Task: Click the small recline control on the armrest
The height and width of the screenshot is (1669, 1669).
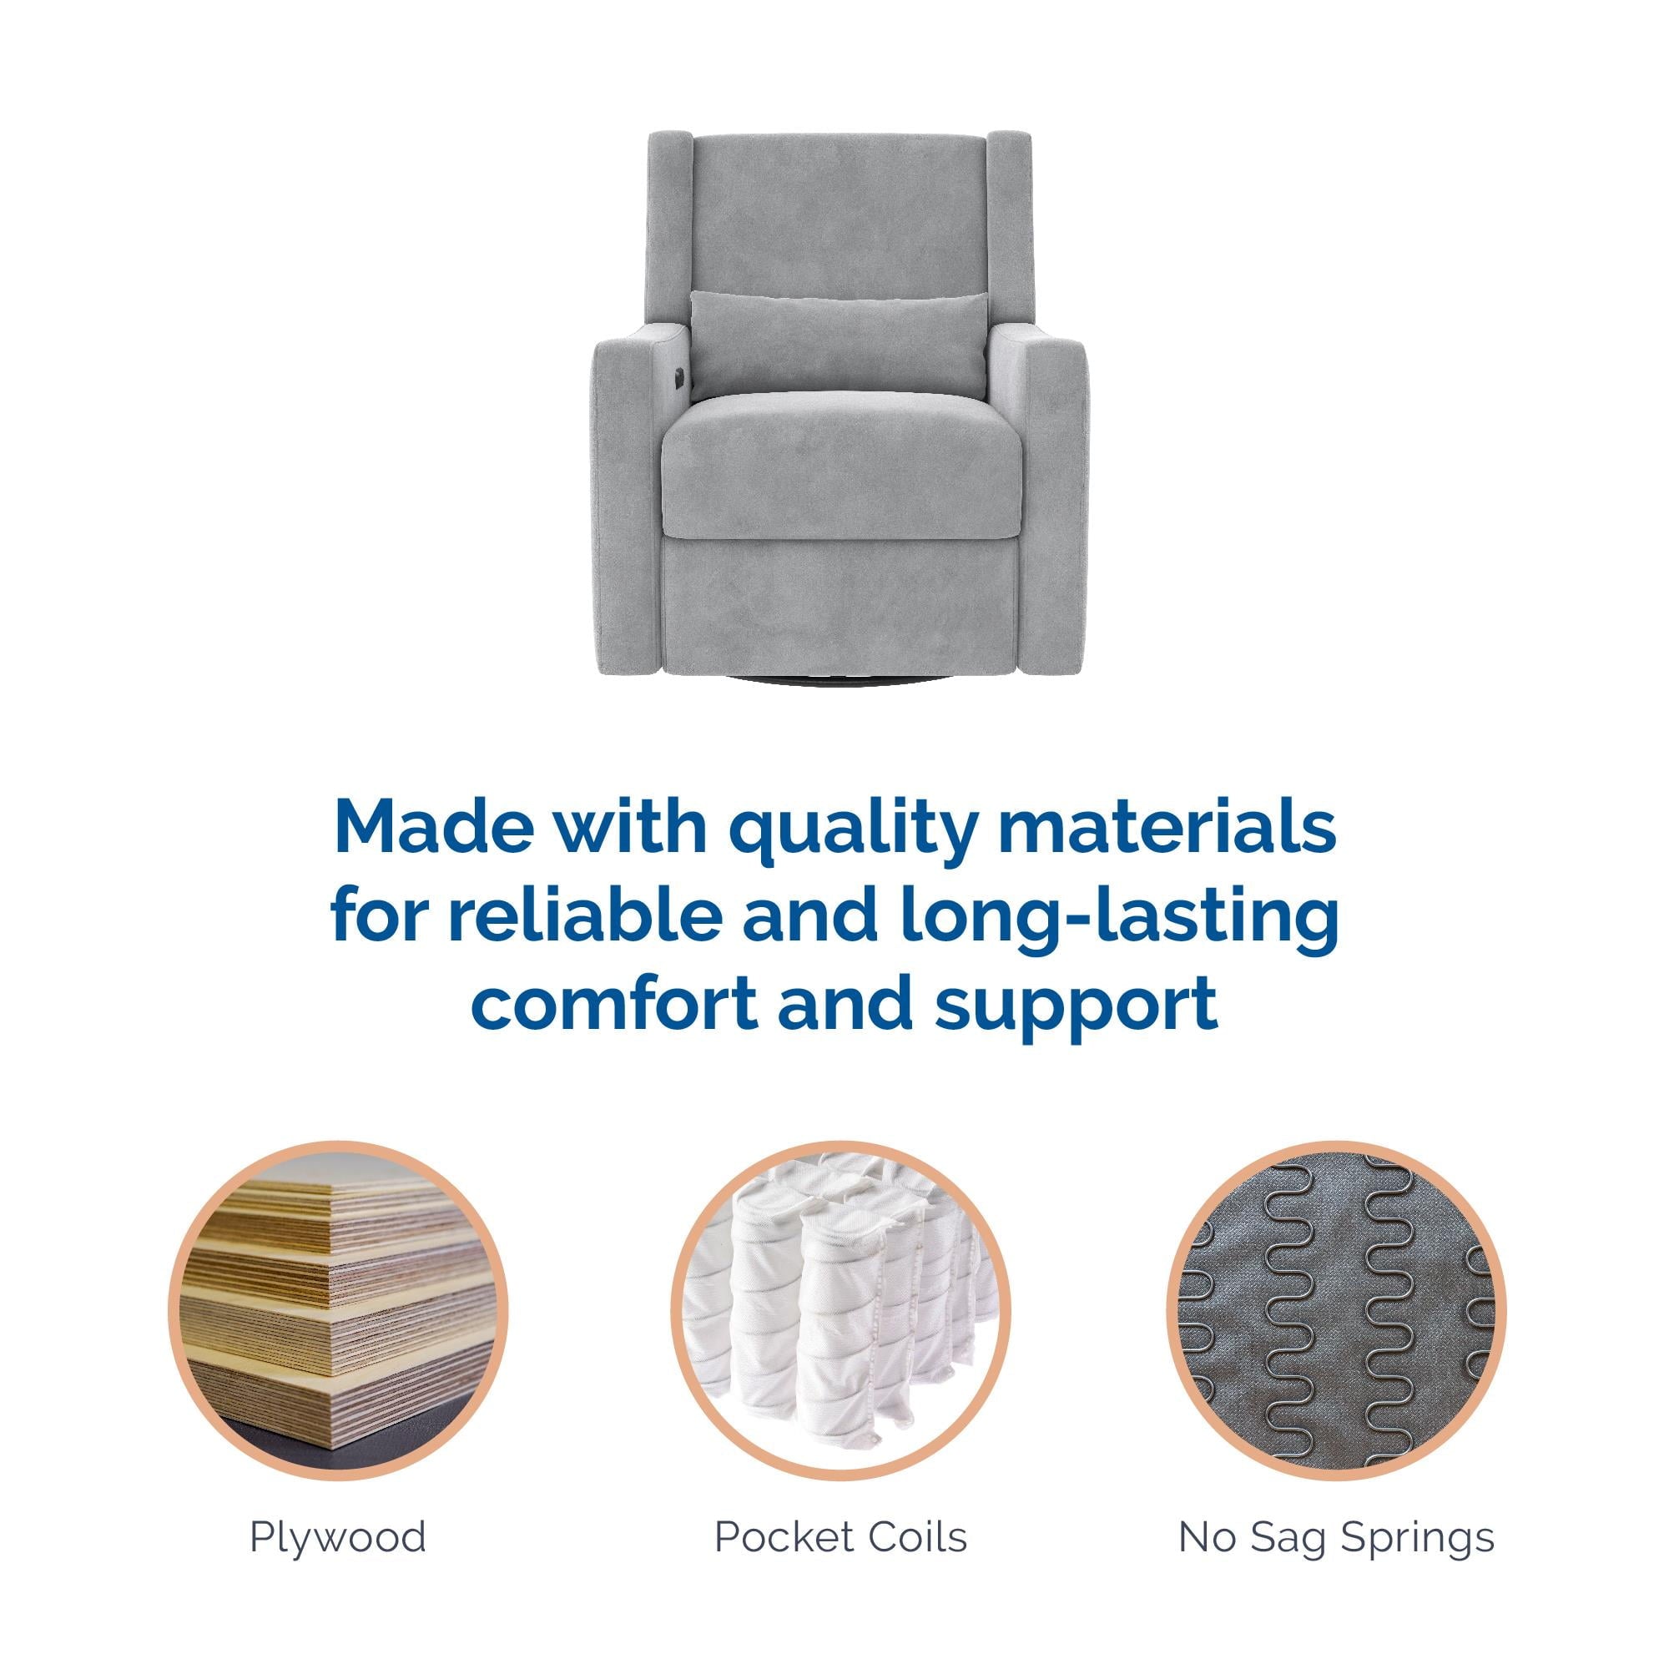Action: pos(680,376)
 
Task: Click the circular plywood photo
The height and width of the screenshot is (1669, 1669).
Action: pos(338,1310)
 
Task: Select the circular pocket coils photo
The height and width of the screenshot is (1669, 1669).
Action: pos(840,1310)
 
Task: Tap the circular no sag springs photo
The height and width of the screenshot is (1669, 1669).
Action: pos(1335,1310)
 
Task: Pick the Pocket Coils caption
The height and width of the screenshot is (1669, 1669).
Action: pos(840,1539)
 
